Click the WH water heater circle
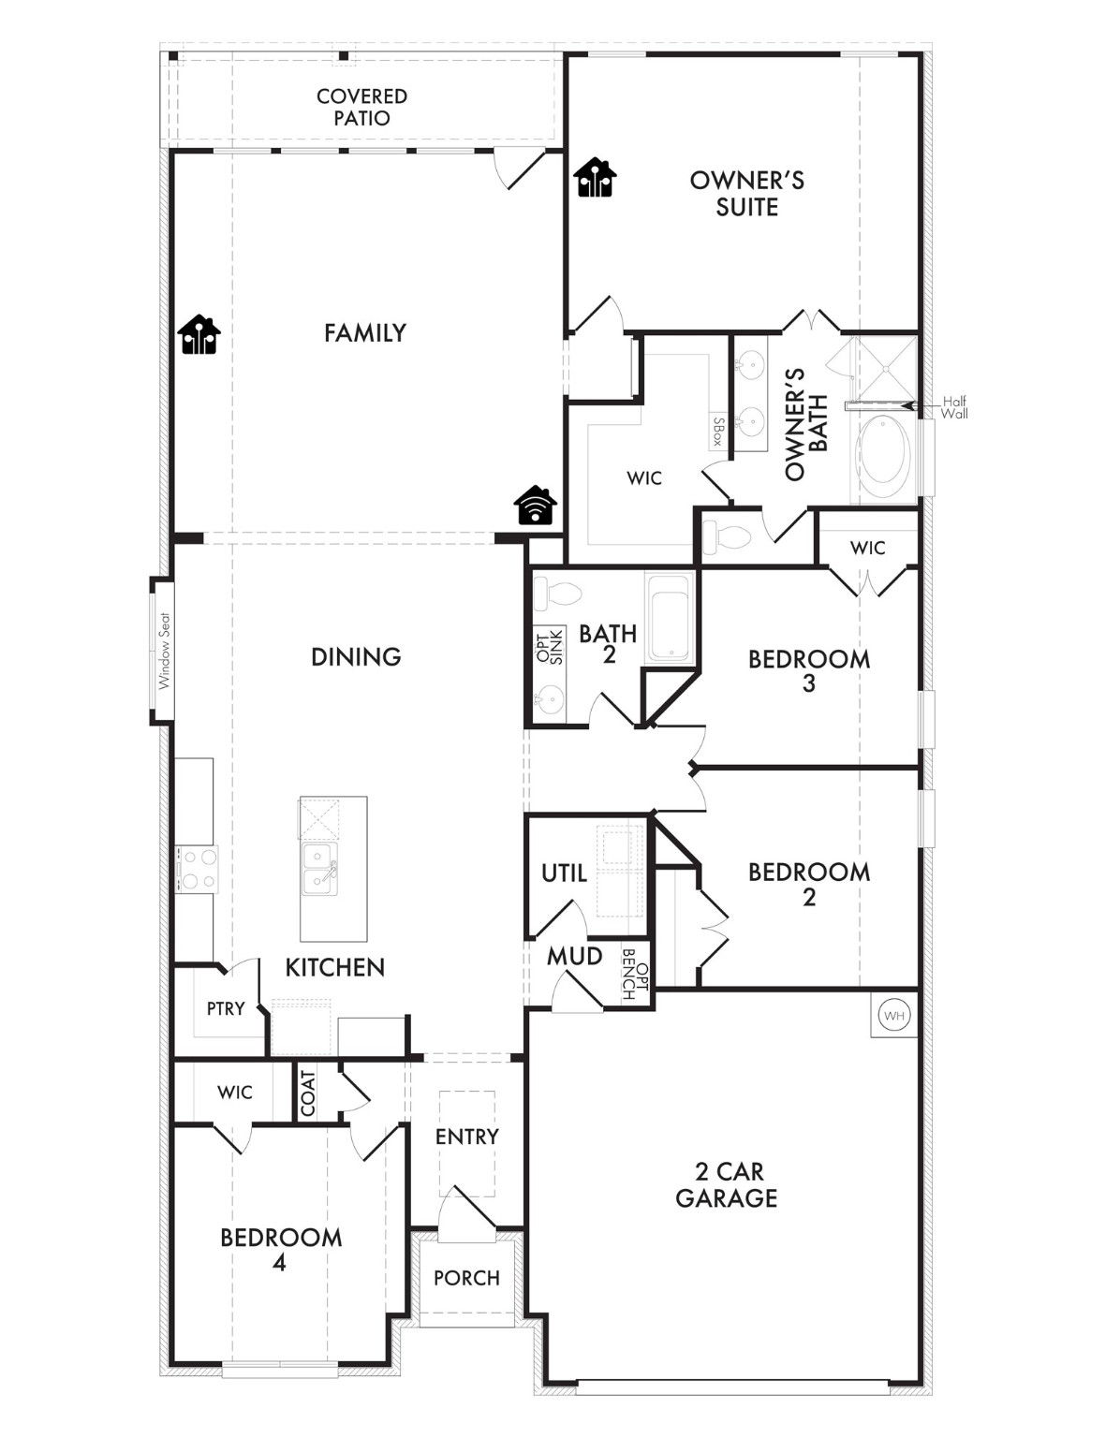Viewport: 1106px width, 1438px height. point(894,1015)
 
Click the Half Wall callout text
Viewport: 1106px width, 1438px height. point(954,407)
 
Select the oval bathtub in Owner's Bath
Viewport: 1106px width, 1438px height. point(884,458)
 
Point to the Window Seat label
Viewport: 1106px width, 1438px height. point(164,651)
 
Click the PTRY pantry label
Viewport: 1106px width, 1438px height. point(226,1008)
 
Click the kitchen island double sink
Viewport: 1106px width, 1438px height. point(320,869)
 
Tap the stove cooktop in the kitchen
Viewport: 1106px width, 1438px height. point(197,869)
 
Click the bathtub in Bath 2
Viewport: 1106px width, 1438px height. point(670,619)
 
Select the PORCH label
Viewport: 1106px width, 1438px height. point(466,1278)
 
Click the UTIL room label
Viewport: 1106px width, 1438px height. point(564,873)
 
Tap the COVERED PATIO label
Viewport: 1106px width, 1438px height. point(361,108)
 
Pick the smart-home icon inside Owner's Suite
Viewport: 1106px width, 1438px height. point(595,178)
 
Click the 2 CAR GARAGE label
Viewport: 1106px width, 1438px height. point(727,1184)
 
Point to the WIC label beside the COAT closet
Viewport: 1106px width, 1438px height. point(235,1093)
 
